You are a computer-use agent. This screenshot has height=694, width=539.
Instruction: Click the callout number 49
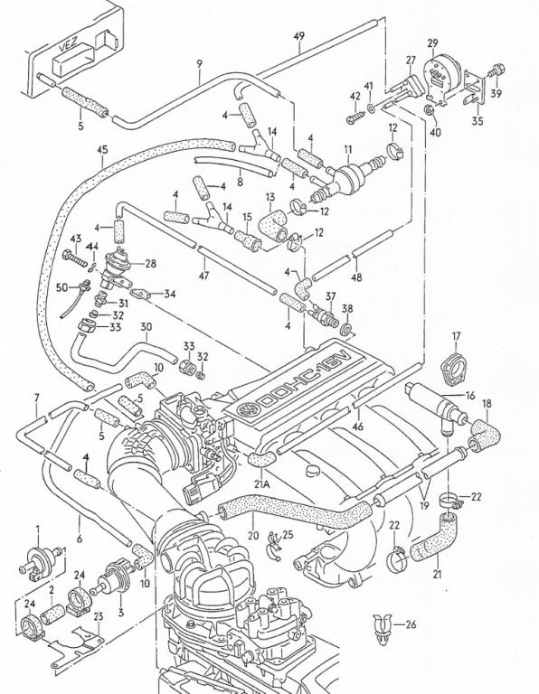[x=299, y=35]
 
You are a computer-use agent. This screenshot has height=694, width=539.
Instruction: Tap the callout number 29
[x=432, y=43]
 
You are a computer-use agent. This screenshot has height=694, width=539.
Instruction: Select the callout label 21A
[x=261, y=483]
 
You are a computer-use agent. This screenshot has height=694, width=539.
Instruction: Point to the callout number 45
[x=102, y=150]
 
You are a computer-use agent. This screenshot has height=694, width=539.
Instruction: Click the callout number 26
[x=411, y=624]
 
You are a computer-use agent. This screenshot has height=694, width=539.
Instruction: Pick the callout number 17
[x=456, y=336]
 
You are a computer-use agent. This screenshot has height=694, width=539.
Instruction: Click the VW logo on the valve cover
[x=245, y=409]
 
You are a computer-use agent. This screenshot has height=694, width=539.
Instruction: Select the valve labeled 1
[x=40, y=561]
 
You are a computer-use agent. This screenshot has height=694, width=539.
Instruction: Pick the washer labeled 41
[x=371, y=108]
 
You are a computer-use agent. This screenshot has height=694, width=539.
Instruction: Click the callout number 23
[x=99, y=615]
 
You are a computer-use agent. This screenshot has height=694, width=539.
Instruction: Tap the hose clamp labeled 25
[x=275, y=547]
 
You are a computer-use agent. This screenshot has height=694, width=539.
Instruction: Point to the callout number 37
[x=331, y=295]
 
